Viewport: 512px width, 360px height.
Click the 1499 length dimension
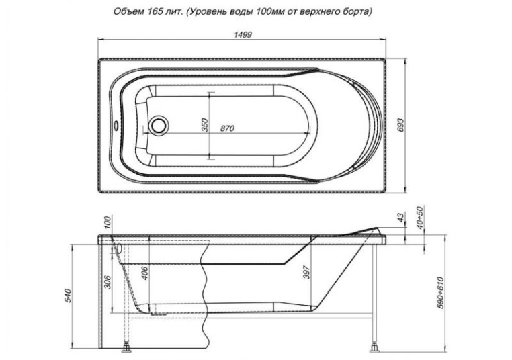[243, 35]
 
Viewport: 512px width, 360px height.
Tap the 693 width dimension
[400, 125]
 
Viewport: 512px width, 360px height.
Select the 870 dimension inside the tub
[227, 128]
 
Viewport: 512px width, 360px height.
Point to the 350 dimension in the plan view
[204, 125]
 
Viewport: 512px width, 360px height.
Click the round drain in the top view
[159, 125]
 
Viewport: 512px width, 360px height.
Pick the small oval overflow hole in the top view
[116, 125]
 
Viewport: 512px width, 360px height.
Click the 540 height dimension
[69, 296]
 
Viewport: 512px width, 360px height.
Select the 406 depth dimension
[145, 273]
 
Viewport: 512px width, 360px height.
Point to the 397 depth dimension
[307, 271]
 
